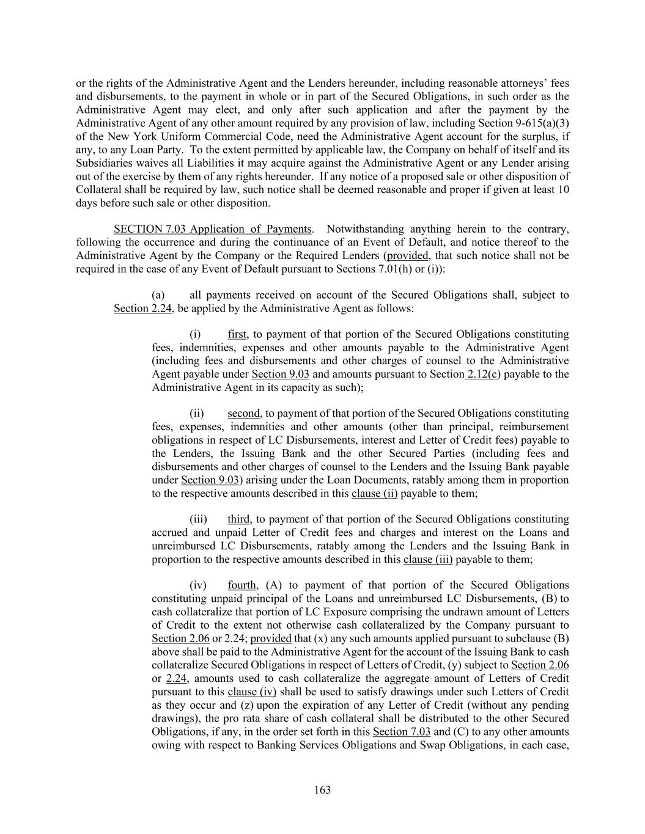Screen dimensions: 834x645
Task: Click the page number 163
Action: pyautogui.click(x=322, y=790)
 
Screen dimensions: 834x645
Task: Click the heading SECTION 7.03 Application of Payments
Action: pyautogui.click(x=213, y=229)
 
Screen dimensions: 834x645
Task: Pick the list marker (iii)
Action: pyautogui.click(x=198, y=519)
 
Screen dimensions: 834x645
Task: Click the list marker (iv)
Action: pyautogui.click(x=197, y=585)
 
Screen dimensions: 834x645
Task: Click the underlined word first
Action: pyautogui.click(x=237, y=334)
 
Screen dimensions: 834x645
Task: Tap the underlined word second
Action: pyautogui.click(x=244, y=414)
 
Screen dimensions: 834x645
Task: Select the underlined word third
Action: pyautogui.click(x=239, y=519)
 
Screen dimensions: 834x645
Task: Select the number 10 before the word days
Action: pyautogui.click(x=564, y=189)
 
